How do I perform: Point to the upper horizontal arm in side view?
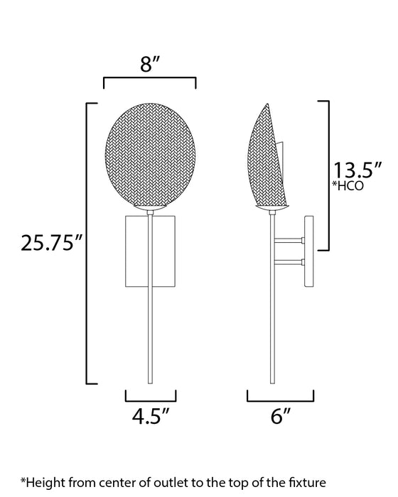[289, 242]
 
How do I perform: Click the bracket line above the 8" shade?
[150, 80]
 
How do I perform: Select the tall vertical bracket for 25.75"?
[87, 244]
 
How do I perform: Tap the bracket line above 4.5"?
[151, 392]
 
